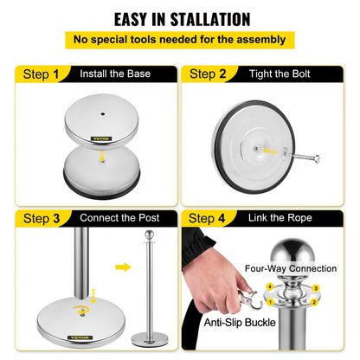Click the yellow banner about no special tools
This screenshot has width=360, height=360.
[180, 40]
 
